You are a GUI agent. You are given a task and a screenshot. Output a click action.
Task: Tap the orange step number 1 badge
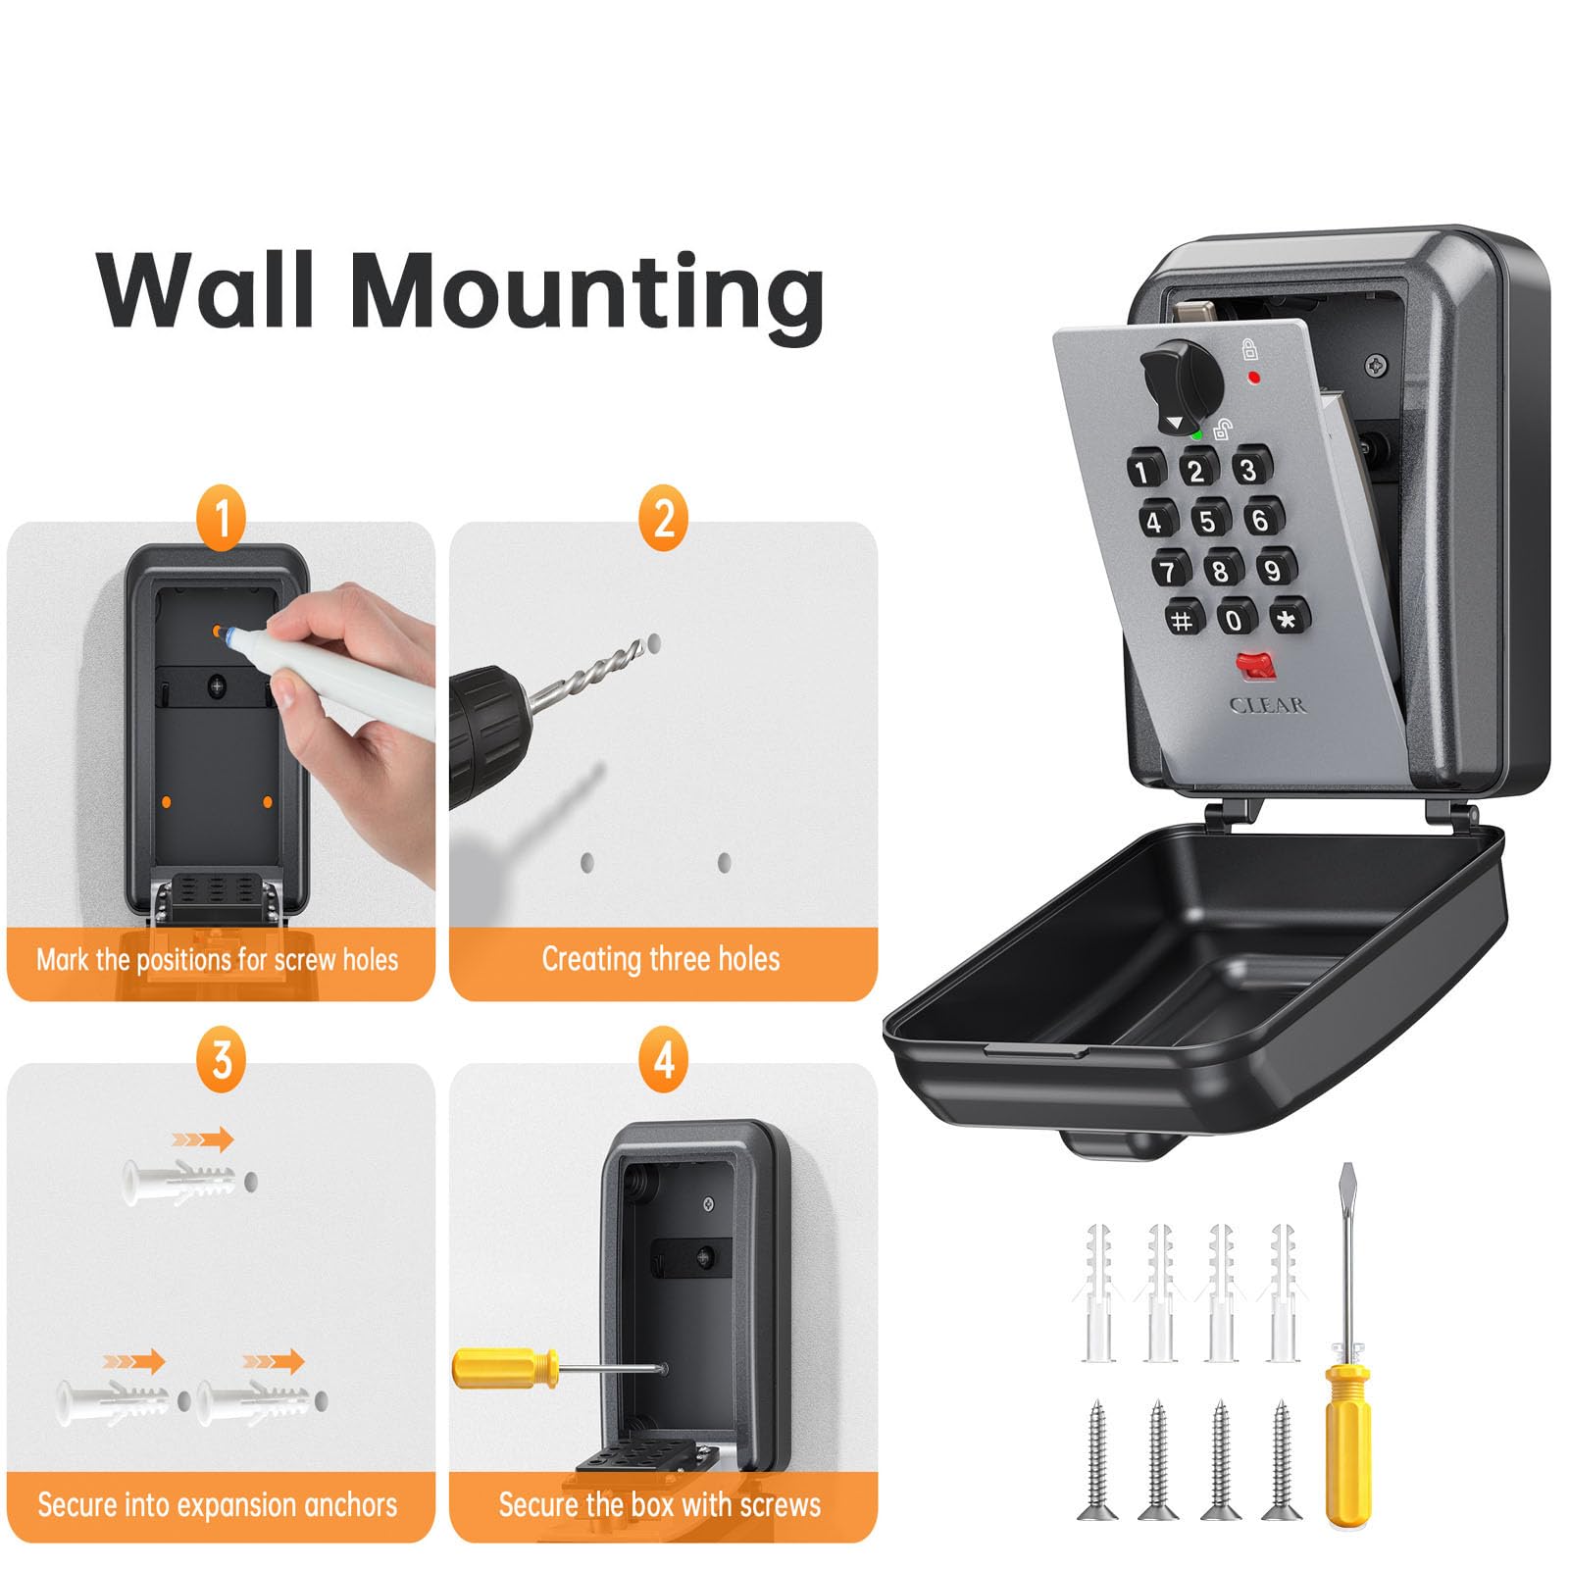(222, 518)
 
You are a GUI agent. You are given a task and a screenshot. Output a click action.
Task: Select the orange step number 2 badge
(664, 518)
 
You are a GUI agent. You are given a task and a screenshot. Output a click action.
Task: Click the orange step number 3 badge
(222, 1060)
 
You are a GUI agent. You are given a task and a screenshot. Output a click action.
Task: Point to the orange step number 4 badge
(664, 1060)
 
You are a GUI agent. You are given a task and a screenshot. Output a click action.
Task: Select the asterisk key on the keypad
(1289, 618)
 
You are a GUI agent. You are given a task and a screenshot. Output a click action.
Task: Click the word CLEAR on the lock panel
(1267, 705)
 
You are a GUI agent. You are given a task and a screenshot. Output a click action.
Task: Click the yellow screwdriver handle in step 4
(505, 1368)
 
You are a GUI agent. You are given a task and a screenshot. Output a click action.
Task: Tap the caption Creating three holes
(661, 958)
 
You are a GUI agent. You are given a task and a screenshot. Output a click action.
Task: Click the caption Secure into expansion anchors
(218, 1504)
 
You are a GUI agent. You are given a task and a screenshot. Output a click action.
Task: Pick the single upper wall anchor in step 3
(177, 1181)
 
